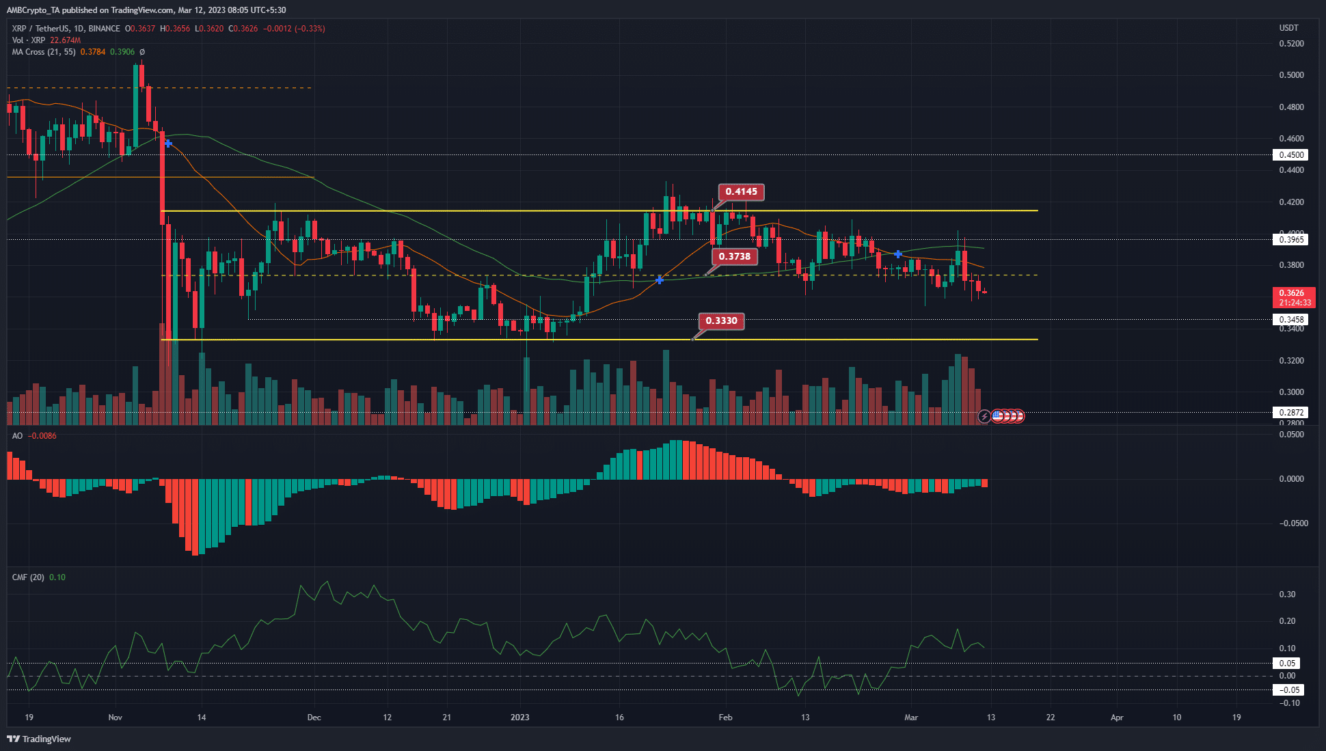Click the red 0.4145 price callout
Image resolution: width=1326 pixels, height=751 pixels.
(x=741, y=192)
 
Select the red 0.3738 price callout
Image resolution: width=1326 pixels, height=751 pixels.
(x=734, y=257)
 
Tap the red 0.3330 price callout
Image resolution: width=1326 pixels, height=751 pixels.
(x=721, y=321)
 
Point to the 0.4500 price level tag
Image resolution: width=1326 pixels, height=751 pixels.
(x=1291, y=155)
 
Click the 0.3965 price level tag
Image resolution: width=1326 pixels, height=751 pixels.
(x=1291, y=239)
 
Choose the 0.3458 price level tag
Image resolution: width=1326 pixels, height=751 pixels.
(x=1291, y=320)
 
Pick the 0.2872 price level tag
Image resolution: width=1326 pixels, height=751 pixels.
(x=1291, y=413)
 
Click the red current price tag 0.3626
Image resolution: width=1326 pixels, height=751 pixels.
(x=1295, y=297)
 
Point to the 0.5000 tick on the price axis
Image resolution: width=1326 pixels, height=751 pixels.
(x=1291, y=75)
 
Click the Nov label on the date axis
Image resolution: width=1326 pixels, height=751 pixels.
(x=115, y=718)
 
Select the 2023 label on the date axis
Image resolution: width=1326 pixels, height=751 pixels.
(x=520, y=718)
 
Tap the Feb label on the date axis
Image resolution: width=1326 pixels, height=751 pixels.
(x=725, y=718)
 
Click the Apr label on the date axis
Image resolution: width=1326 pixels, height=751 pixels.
(x=1117, y=718)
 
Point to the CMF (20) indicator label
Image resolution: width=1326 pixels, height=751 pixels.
(x=28, y=577)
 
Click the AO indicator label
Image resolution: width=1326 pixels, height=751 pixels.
(x=17, y=436)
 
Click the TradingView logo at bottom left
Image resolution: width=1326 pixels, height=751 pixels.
(x=39, y=739)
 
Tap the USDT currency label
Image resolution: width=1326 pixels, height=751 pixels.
(x=1288, y=28)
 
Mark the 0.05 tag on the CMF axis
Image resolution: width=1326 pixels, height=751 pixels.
(x=1288, y=664)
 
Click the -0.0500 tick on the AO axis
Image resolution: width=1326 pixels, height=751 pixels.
(x=1291, y=523)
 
